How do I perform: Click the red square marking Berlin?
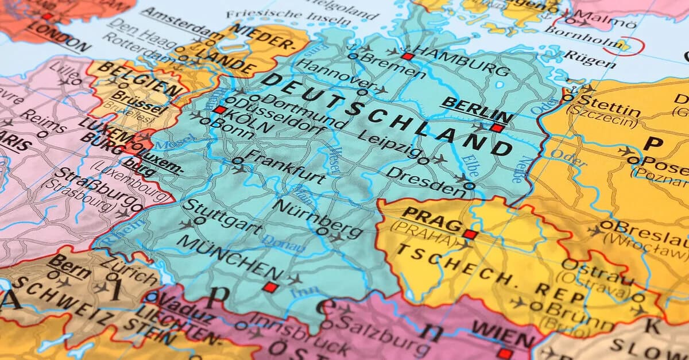[497, 128]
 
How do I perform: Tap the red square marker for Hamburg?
[407, 56]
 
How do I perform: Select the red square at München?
[270, 287]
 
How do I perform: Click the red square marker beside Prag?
[470, 234]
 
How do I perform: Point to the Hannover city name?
[330, 75]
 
